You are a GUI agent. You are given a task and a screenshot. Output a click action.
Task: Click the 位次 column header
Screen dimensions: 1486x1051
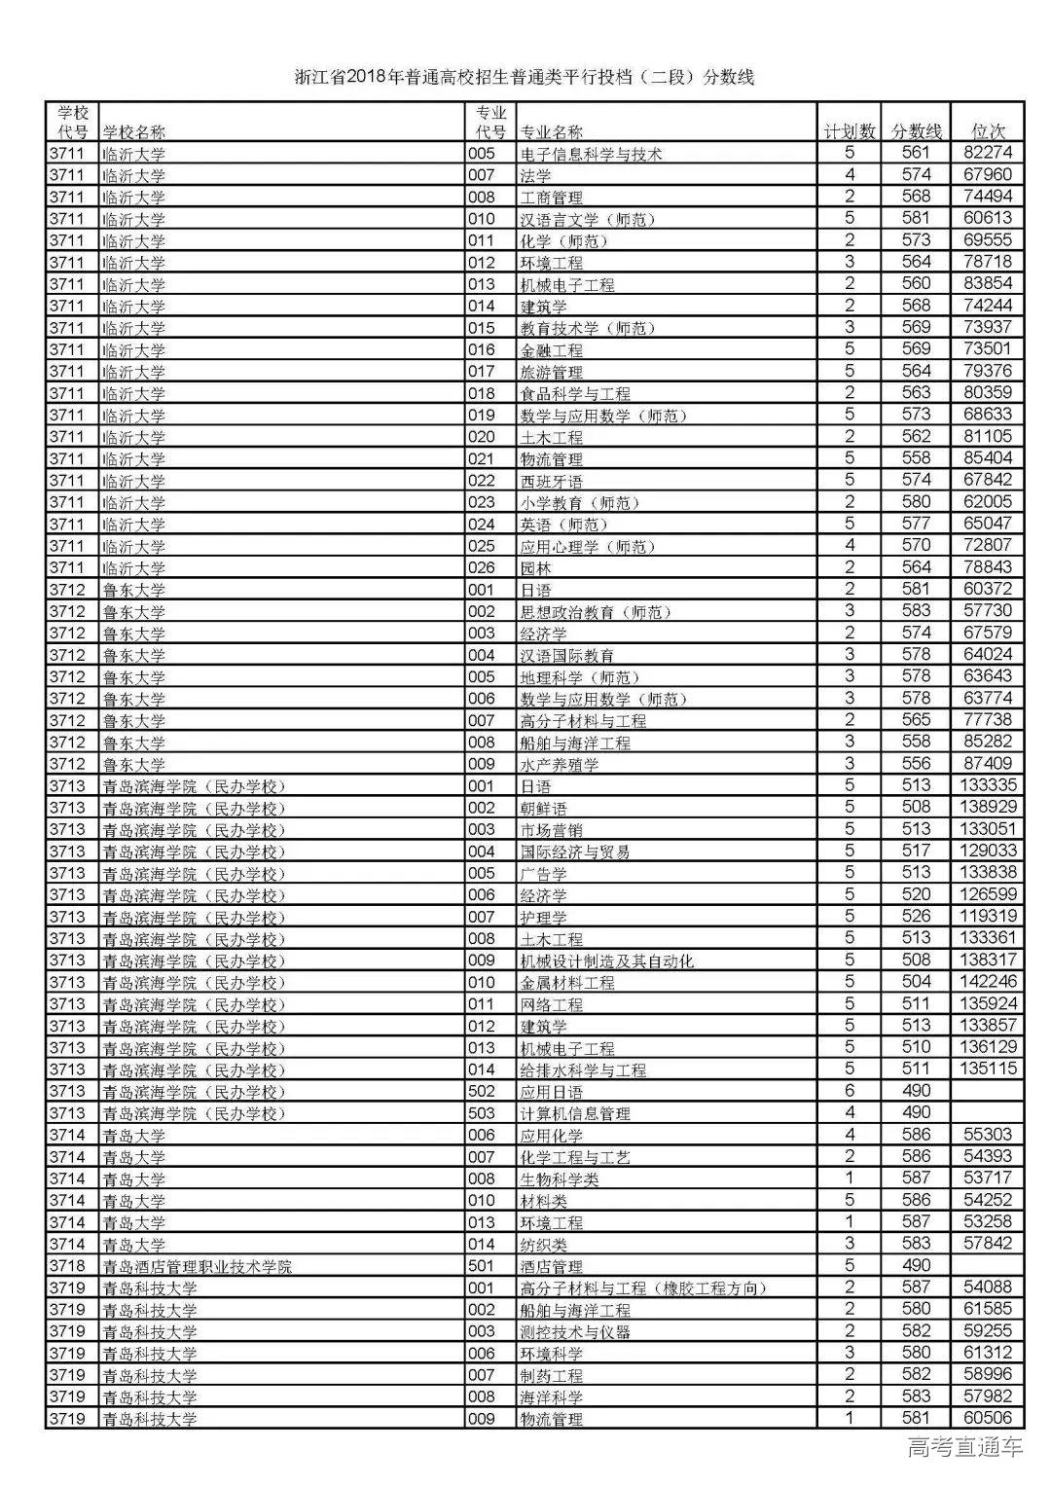tap(987, 131)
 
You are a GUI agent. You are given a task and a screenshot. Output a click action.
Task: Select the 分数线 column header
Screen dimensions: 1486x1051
tap(917, 131)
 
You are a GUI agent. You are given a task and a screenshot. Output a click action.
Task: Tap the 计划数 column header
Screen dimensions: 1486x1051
tap(850, 131)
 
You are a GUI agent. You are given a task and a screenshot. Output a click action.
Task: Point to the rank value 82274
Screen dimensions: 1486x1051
tap(987, 153)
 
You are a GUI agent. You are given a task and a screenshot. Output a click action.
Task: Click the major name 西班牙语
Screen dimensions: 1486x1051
tap(552, 481)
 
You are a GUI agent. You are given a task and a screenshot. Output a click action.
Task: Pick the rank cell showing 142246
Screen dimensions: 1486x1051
tap(987, 982)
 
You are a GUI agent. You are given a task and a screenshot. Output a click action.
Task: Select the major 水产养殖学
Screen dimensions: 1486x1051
tap(560, 765)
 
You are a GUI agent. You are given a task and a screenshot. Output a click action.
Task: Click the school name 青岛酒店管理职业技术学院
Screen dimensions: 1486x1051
tap(198, 1266)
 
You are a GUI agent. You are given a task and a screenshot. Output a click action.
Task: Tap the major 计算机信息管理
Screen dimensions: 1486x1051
tap(575, 1113)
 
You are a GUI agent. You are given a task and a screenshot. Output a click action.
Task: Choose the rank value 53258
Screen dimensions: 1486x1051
tap(987, 1222)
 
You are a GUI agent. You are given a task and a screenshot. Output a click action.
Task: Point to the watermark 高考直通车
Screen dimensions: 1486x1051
tap(964, 1449)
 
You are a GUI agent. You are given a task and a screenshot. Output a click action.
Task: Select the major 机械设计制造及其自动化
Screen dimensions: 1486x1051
tap(607, 960)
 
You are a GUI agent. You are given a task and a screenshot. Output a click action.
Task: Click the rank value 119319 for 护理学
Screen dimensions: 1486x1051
tap(987, 917)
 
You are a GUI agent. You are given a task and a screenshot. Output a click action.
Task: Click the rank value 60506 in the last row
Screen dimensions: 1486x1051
tap(987, 1419)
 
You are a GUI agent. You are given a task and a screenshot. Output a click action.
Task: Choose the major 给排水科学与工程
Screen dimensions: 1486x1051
tap(583, 1069)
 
